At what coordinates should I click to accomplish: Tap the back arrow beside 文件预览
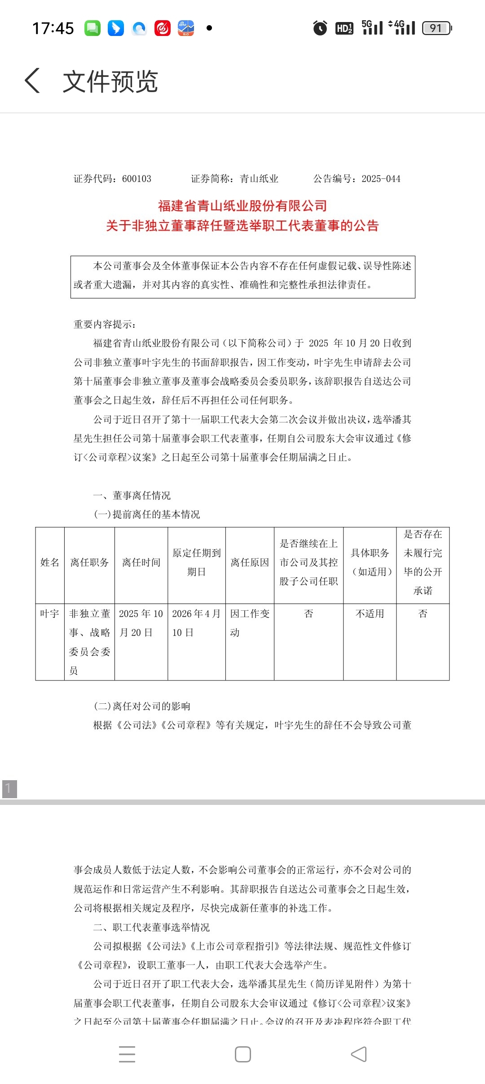(32, 81)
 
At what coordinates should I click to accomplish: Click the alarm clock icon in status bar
(320, 28)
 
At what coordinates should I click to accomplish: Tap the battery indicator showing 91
(436, 28)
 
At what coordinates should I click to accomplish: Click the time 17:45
(53, 28)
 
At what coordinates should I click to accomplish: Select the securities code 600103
(137, 179)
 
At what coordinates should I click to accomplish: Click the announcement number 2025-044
(381, 179)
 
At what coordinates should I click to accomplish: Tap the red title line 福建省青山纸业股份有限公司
(242, 206)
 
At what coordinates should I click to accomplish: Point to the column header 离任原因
(250, 562)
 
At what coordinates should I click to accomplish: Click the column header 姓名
(50, 562)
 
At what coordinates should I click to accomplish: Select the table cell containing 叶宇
(50, 613)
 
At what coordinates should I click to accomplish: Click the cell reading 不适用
(370, 613)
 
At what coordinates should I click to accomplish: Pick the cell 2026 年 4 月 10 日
(196, 623)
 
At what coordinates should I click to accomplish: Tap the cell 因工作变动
(250, 623)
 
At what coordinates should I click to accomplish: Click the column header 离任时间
(141, 562)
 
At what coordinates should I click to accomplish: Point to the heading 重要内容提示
(105, 324)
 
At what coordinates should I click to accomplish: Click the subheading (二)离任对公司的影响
(142, 706)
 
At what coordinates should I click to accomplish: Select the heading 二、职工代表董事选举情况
(151, 927)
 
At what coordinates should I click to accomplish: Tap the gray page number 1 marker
(9, 789)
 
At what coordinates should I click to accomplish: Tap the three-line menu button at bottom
(127, 1054)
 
